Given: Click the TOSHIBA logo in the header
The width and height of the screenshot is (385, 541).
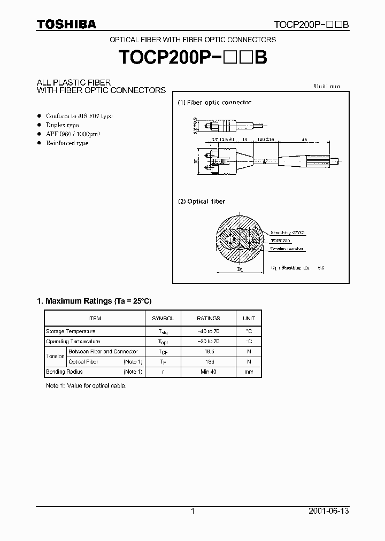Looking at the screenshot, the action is (66, 24).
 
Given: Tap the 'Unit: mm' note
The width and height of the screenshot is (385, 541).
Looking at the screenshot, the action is (326, 86).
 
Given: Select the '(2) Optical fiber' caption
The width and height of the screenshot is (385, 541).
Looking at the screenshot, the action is (202, 202).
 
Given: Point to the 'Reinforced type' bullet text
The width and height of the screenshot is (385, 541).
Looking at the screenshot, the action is (67, 143).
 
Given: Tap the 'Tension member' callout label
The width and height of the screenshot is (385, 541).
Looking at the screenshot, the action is (287, 249).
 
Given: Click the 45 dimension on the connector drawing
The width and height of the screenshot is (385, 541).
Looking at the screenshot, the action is (304, 139).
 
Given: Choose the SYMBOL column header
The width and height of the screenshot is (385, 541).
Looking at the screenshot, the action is (163, 318).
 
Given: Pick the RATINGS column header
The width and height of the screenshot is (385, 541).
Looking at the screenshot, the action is (208, 318).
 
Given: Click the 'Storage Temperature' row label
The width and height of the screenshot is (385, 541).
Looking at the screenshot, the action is (71, 331).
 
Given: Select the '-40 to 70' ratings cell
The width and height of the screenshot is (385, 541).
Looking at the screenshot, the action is (208, 331).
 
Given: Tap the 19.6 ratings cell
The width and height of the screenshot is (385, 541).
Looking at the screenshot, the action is (208, 352).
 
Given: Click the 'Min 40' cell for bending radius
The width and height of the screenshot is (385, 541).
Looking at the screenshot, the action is (208, 372).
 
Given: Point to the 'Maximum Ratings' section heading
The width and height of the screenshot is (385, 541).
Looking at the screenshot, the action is (98, 302).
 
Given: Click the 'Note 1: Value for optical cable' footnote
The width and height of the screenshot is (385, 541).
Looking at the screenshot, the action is (86, 385).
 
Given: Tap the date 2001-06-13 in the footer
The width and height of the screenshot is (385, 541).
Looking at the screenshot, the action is (329, 511).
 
